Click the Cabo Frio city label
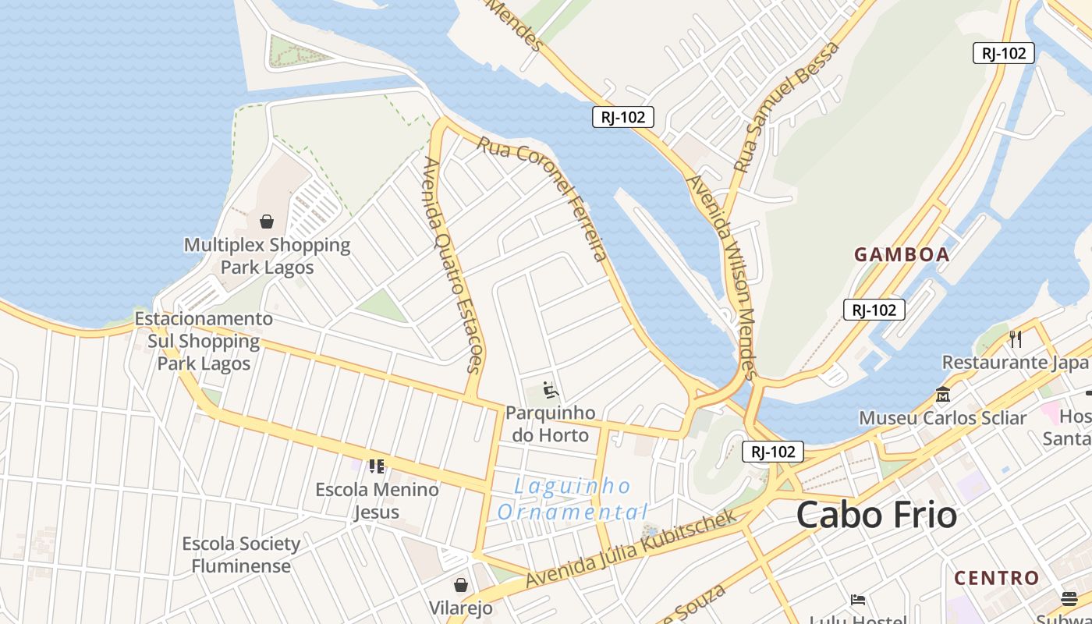pyautogui.click(x=876, y=516)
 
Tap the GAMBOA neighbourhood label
pyautogui.click(x=902, y=254)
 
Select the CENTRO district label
pyautogui.click(x=997, y=578)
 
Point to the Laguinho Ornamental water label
pyautogui.click(x=573, y=499)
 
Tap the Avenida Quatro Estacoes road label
pyautogui.click(x=452, y=265)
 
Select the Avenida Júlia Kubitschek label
pyautogui.click(x=632, y=549)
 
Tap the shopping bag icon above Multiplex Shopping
pyautogui.click(x=267, y=222)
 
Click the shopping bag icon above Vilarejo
pyautogui.click(x=461, y=585)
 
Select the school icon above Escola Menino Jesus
pyautogui.click(x=377, y=466)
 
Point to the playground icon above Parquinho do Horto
pyautogui.click(x=551, y=388)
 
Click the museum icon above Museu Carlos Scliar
pyautogui.click(x=942, y=395)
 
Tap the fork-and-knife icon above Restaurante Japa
pyautogui.click(x=1015, y=339)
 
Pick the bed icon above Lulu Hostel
pyautogui.click(x=858, y=600)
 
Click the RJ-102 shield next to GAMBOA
pyautogui.click(x=874, y=310)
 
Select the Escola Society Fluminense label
pyautogui.click(x=241, y=555)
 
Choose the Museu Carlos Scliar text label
pyautogui.click(x=942, y=418)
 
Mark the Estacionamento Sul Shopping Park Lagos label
pyautogui.click(x=204, y=341)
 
